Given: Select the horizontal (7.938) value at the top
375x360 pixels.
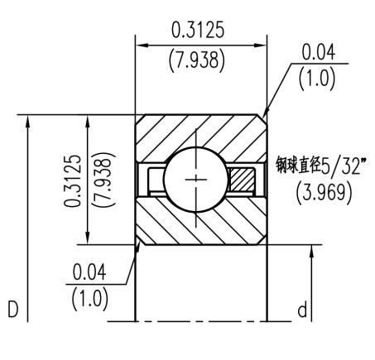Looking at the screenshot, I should point(200,62).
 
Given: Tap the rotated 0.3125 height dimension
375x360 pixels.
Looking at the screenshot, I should point(73,180).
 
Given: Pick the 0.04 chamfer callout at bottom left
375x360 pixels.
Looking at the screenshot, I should point(89,271).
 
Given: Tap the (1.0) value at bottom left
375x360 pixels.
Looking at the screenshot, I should point(89,297).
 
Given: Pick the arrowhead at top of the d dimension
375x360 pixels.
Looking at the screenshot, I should point(311,250).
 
